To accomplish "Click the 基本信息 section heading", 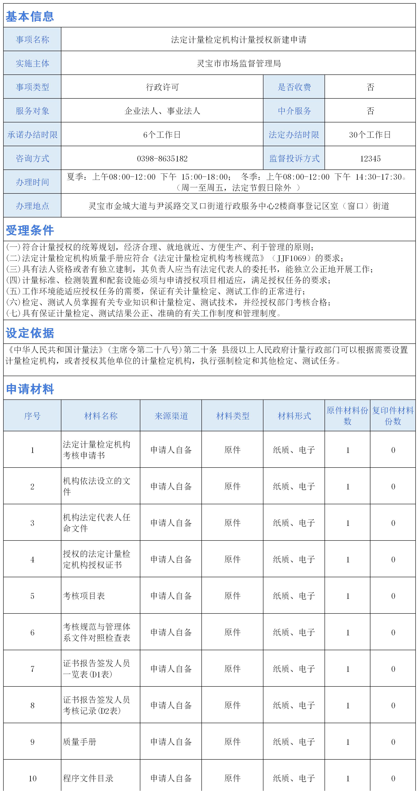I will tap(30, 16).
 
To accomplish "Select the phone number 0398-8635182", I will tap(162, 158).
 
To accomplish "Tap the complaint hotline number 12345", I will tap(370, 158).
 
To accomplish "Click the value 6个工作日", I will tap(162, 135).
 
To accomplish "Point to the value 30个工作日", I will tap(370, 135).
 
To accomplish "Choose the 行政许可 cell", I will tap(162, 87).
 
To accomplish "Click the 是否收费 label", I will tap(294, 87).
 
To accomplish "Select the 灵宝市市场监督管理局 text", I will tap(239, 63).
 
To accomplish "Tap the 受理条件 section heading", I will tap(30, 230).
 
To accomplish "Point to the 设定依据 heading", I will tap(30, 333).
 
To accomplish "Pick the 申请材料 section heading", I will tap(30, 389).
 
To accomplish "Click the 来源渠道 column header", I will tap(171, 416).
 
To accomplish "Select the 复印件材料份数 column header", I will tap(393, 416).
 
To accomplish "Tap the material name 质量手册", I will tap(80, 742).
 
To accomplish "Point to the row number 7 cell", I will tap(32, 669).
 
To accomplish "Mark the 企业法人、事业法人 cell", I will tap(162, 111).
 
